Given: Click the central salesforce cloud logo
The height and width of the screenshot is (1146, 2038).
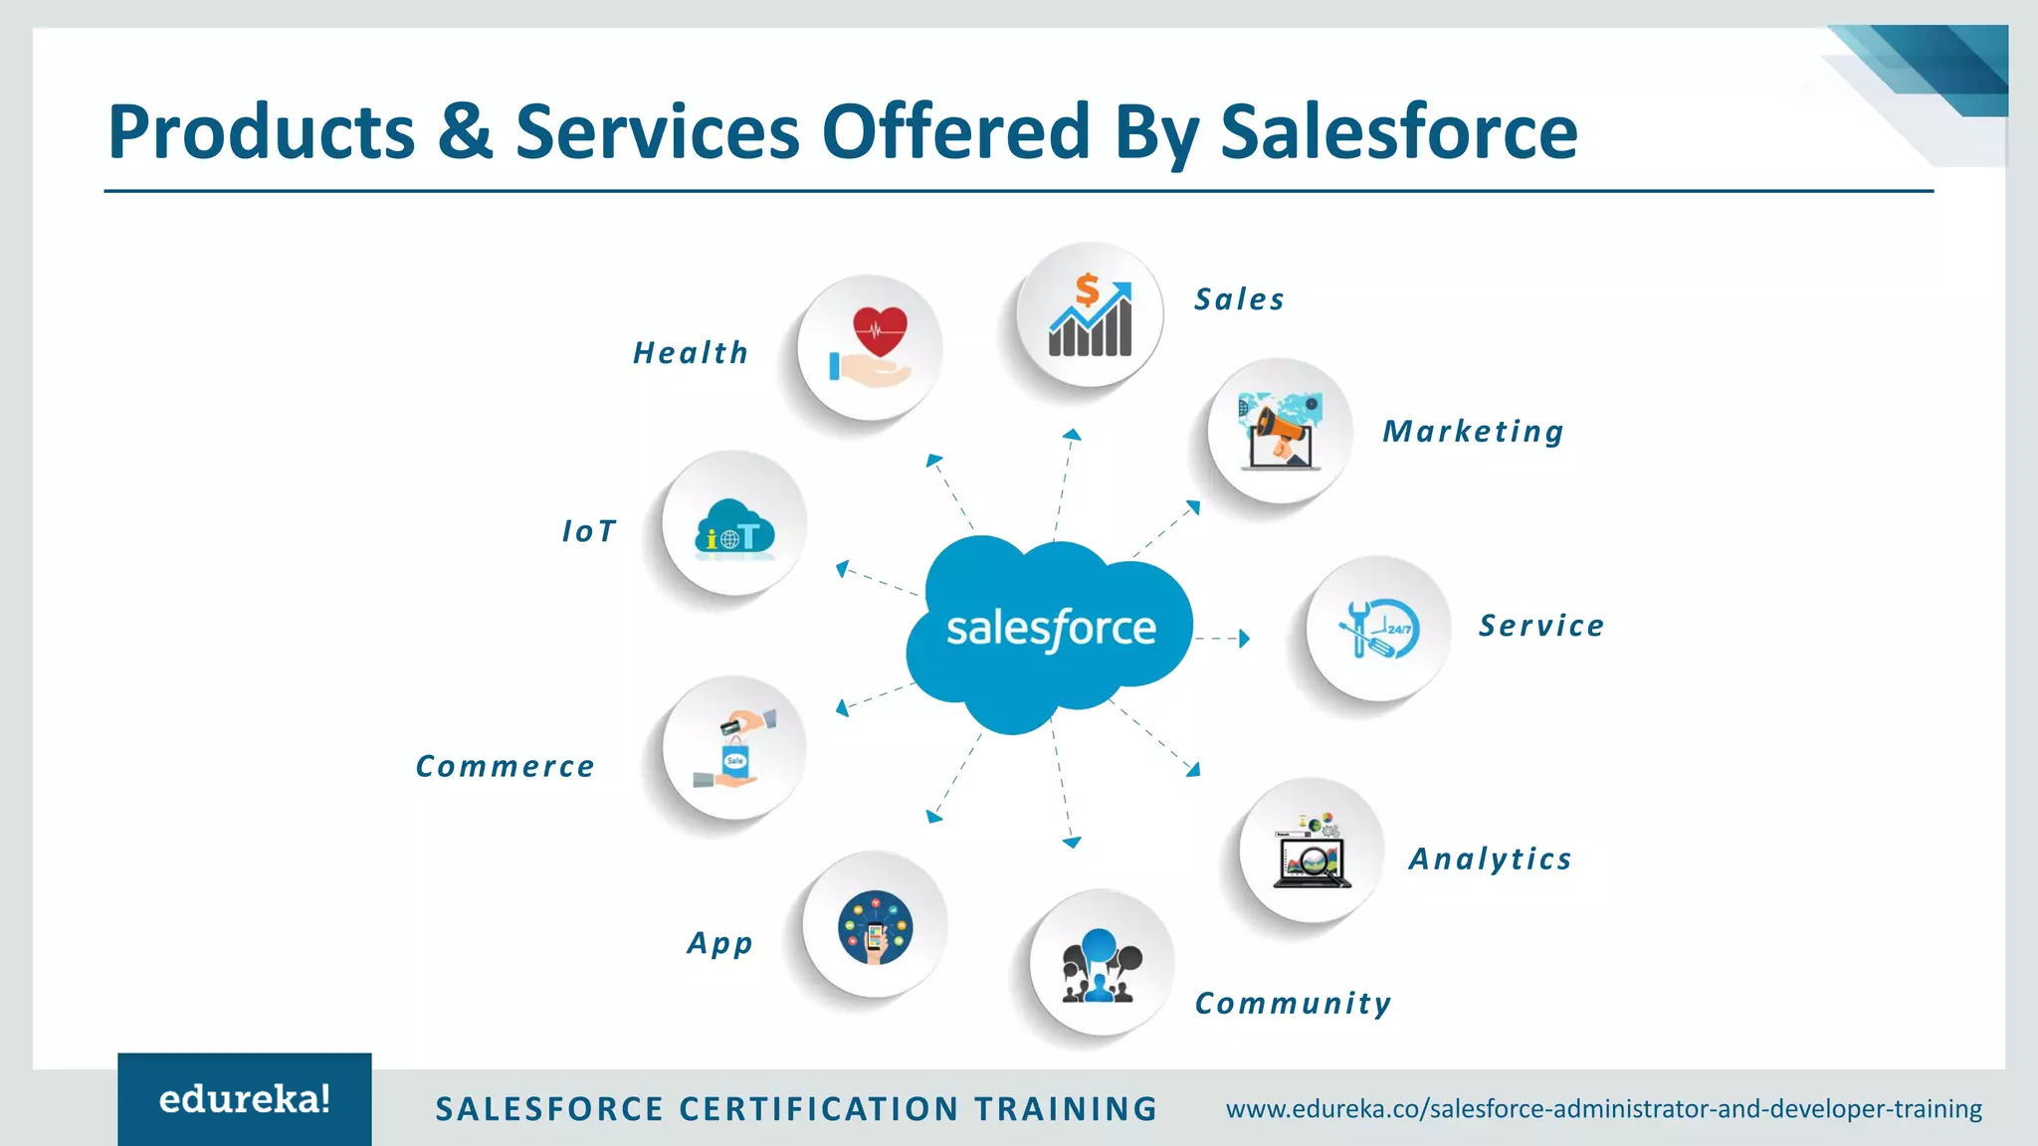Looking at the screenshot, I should (1050, 629).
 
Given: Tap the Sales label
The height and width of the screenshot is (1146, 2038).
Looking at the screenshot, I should (1239, 299).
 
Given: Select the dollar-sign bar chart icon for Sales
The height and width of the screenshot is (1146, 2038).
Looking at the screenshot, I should (1090, 315).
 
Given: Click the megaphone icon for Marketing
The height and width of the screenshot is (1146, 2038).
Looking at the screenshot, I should (1280, 431).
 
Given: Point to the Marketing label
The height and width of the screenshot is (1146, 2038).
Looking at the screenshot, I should (1473, 432).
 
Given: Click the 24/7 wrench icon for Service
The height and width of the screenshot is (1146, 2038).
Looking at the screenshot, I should (1378, 629).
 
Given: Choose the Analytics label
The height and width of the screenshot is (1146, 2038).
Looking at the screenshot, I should (1490, 859).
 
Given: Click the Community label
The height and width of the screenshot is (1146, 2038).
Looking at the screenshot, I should (1293, 1003).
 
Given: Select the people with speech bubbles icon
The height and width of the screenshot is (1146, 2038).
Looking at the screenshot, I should (1101, 964).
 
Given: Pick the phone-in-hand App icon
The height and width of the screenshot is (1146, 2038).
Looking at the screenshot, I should (875, 927).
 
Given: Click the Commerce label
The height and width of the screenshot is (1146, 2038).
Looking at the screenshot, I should (505, 766).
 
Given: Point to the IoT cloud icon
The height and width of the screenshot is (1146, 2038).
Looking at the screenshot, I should (734, 526).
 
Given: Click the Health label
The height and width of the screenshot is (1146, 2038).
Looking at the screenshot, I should (691, 353).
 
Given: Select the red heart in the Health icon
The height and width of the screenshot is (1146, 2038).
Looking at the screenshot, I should (880, 329).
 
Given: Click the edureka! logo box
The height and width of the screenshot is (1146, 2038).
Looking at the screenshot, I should (245, 1099).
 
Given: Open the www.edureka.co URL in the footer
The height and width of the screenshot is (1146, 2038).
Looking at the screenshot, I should (1603, 1108).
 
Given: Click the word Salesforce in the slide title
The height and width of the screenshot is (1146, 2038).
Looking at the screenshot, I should (1398, 131).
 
